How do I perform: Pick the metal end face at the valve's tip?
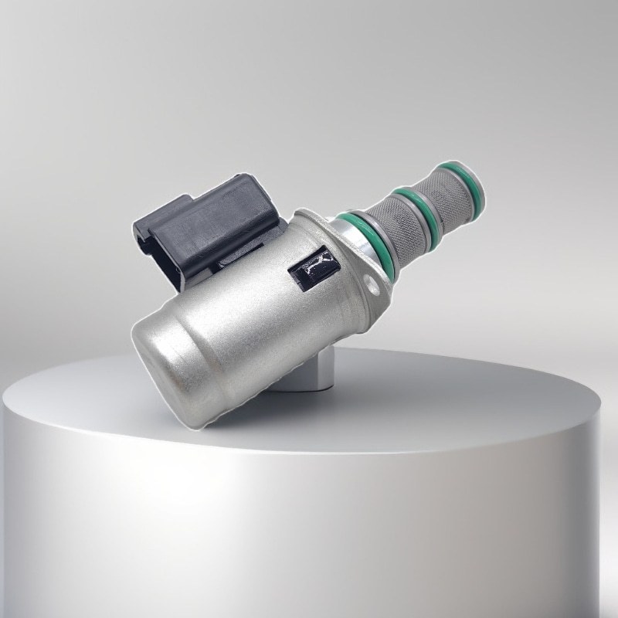[478, 185]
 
